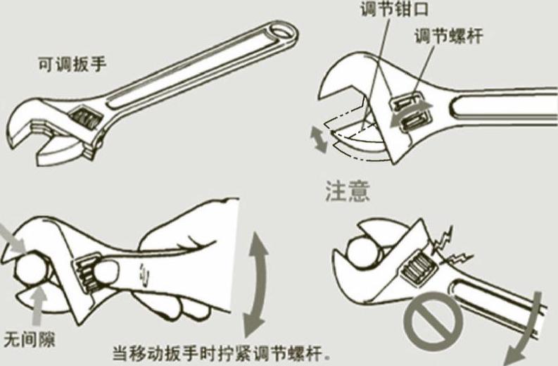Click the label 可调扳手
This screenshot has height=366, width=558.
[x=72, y=65]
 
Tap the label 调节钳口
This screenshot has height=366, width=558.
[x=394, y=8]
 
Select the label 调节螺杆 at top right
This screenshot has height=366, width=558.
[x=449, y=36]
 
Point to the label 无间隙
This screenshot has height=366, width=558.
[x=29, y=339]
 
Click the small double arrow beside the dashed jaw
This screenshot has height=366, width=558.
[x=319, y=139]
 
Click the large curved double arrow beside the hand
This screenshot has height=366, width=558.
[x=256, y=284]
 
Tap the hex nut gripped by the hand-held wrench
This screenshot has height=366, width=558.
[x=33, y=272]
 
